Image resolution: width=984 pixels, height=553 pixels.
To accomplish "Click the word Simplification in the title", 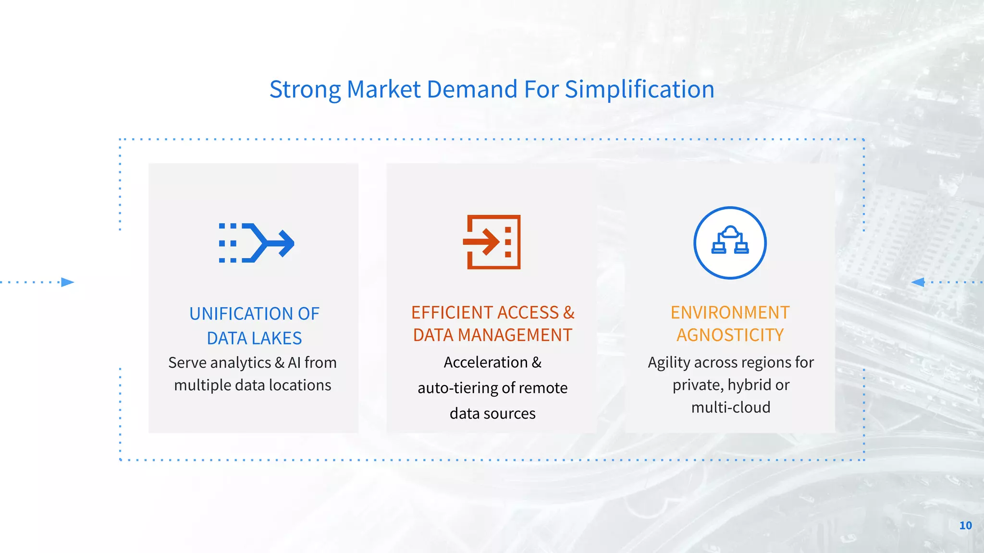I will click(639, 90).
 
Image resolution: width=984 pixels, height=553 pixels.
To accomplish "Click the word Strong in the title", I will click(305, 90).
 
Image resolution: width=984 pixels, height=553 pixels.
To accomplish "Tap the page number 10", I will click(965, 526).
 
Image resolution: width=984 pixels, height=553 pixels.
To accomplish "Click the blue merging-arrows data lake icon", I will click(256, 243).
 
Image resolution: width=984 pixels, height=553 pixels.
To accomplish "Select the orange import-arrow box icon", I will click(492, 242).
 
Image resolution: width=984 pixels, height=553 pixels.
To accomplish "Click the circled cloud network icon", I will click(730, 242).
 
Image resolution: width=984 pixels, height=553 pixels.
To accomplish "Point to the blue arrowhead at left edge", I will click(68, 282).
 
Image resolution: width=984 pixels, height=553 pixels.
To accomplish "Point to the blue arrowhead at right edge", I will click(918, 282).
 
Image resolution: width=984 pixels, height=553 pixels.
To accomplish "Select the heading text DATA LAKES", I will click(254, 338).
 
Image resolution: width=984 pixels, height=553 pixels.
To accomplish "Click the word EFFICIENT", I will click(452, 313).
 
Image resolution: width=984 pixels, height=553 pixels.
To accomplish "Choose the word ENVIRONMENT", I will click(730, 313).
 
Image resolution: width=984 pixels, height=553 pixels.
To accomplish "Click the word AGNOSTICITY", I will click(730, 335).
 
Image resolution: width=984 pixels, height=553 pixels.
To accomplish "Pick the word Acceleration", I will click(485, 362).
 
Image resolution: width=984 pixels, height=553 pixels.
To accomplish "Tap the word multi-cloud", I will click(730, 408).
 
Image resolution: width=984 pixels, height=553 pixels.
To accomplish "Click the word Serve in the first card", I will click(187, 363).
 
